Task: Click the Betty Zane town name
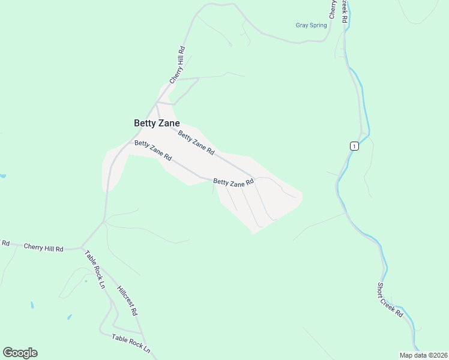156,123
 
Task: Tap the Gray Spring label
311,25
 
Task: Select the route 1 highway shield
355,146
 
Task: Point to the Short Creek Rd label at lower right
390,300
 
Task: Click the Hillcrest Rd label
128,301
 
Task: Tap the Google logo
20,353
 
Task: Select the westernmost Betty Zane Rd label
153,151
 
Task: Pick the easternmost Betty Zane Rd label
234,182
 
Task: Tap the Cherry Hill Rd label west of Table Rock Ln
43,247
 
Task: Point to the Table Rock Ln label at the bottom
131,343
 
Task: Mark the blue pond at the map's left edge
2,176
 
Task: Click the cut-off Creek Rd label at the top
345,11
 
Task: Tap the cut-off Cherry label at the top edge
332,8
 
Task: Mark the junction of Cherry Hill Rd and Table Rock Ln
82,248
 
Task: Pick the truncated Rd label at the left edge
5,243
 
